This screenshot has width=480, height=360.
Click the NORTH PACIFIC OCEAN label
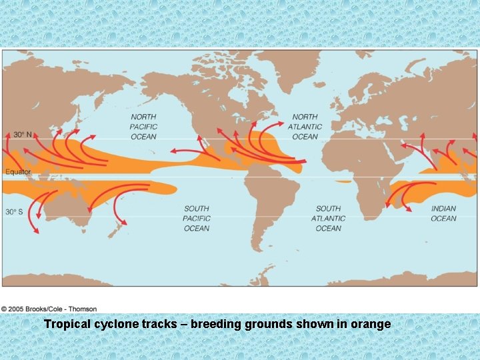(x=143, y=127)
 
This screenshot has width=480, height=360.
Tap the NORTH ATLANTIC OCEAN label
(x=305, y=127)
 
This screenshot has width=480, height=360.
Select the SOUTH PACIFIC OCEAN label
(x=197, y=219)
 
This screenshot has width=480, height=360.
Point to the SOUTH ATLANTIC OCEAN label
(x=328, y=219)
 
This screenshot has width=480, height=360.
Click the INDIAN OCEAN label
(x=443, y=213)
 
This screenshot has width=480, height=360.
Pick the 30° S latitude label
(x=15, y=212)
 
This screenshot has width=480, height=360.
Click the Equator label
(x=18, y=173)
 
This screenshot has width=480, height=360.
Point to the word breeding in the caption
(x=217, y=325)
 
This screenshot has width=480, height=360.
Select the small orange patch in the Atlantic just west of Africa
(x=343, y=181)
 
